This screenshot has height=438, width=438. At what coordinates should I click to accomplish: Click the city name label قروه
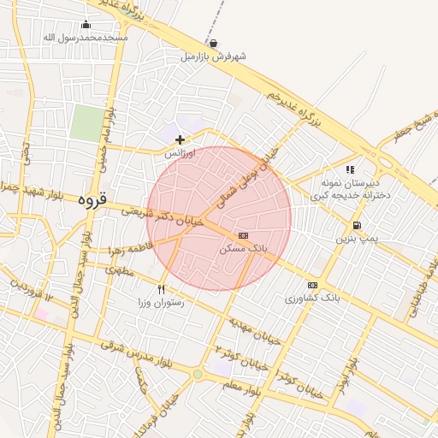[x=92, y=202]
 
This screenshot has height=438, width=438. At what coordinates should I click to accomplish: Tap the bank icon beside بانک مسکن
[x=244, y=234]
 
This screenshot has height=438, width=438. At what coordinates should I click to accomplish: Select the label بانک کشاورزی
[x=312, y=299]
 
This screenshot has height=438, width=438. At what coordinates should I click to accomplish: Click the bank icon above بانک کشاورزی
[x=312, y=285]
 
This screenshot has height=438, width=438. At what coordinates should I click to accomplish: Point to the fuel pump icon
[x=355, y=225]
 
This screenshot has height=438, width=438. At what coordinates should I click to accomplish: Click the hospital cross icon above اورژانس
[x=180, y=139]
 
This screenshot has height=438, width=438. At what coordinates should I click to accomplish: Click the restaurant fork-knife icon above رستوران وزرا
[x=161, y=289]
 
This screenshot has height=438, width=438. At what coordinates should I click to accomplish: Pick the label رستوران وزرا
[x=161, y=303]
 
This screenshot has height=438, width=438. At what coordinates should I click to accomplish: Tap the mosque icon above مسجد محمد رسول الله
[x=86, y=24]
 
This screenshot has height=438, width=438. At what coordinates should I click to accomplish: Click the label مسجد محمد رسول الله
[x=86, y=38]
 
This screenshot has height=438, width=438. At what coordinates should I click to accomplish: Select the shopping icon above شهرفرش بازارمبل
[x=213, y=43]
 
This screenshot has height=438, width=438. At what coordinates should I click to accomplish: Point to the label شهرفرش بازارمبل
[x=213, y=56]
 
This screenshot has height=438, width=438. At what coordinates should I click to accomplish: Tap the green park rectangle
[x=85, y=122]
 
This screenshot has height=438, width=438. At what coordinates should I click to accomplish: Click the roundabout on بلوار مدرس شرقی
[x=198, y=374]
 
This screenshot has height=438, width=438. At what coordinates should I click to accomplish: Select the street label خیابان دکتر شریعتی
[x=163, y=216]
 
